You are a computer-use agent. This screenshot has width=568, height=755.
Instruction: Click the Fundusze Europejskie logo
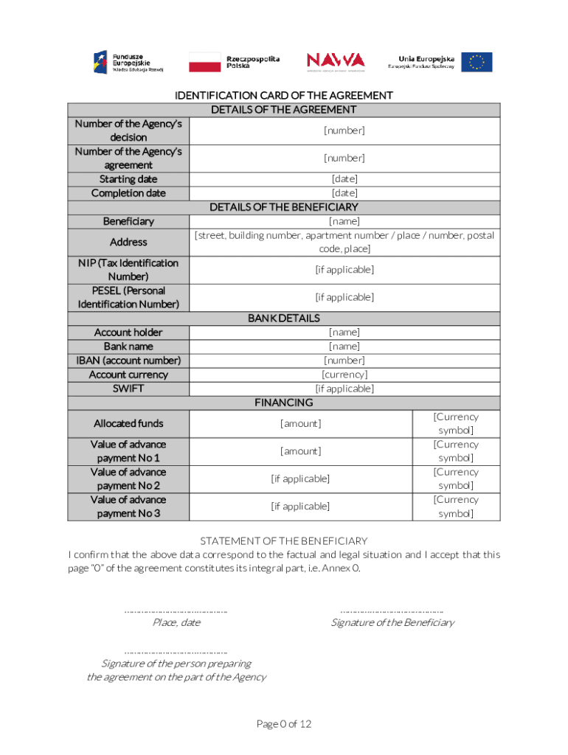127,62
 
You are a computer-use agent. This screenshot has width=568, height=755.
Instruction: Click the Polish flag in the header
204,62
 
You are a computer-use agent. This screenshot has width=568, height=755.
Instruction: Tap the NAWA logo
335,61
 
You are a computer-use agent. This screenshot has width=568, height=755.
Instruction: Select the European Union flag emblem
477,62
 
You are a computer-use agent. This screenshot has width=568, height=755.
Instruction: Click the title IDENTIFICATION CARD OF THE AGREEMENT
283,96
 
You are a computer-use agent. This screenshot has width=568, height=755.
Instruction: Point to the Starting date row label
128,179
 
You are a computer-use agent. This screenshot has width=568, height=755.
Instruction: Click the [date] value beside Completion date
344,193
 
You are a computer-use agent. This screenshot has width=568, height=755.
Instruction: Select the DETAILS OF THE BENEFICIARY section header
283,207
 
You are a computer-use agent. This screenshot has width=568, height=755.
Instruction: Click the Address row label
128,242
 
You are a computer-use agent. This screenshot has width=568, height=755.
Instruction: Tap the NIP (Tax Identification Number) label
128,270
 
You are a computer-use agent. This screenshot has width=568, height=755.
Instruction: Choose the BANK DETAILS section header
283,319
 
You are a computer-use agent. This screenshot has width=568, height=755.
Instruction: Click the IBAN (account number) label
128,361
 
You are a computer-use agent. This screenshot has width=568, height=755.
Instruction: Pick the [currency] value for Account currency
344,375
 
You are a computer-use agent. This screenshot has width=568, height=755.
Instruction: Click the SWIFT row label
128,389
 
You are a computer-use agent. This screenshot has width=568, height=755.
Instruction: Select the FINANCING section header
283,403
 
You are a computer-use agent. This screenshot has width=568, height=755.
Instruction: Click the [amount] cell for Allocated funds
300,423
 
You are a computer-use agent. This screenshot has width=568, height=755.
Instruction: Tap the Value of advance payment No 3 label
128,507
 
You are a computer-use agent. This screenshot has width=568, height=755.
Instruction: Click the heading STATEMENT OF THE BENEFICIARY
283,541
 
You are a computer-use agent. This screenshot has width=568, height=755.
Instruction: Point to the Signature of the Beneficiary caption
392,623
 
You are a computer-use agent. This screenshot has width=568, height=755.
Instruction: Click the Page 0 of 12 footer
283,724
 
